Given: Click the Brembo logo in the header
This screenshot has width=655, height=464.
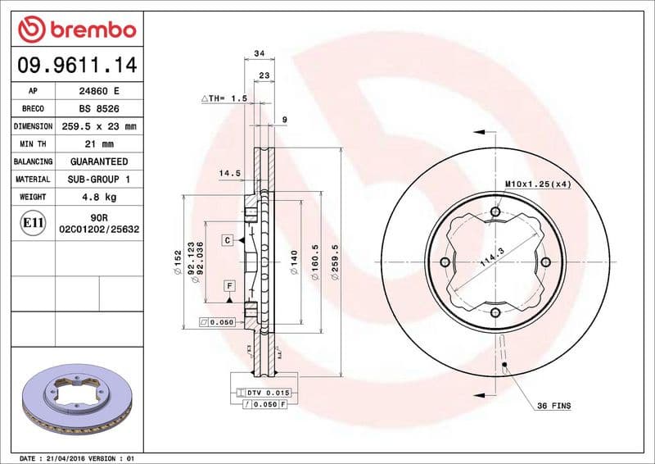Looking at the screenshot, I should pos(76,30).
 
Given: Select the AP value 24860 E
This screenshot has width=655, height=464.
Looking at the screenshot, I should pos(97,91).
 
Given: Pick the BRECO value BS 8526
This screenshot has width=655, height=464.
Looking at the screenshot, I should pos(97,108).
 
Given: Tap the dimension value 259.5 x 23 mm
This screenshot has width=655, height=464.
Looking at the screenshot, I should pos(97,126).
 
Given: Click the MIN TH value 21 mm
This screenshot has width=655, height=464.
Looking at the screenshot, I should pos(97,144).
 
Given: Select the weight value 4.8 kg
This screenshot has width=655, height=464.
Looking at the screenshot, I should pos(97,197).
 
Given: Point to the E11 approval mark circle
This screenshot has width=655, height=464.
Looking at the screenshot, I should pos(33,222).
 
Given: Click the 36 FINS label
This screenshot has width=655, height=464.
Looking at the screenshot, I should pos(554,406).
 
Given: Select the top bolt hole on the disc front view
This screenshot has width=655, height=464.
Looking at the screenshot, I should pos(495,212).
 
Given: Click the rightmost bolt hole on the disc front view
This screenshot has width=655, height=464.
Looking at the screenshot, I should pos(545,262).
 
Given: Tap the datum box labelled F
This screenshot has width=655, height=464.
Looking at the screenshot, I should pos(230,285).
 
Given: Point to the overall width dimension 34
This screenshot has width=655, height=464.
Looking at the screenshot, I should pos(260,53).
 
